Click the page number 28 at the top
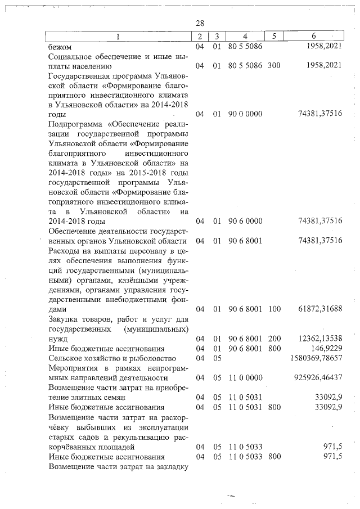[x=199, y=23]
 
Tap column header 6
[x=321, y=37]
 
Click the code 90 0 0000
[x=245, y=114]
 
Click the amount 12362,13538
[x=320, y=339]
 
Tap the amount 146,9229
[x=326, y=348]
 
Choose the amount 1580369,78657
[x=316, y=358]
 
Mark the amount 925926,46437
[x=318, y=377]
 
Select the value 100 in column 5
[x=274, y=309]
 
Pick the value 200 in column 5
[x=274, y=339]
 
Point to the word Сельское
[x=66, y=358]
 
